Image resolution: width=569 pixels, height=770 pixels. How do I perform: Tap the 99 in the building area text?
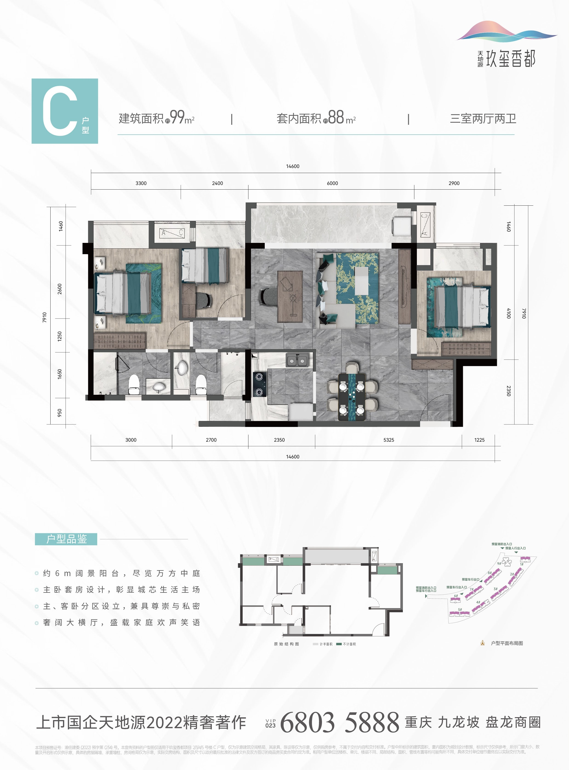click(x=177, y=117)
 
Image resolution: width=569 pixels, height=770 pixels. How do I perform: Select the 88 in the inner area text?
click(x=336, y=117)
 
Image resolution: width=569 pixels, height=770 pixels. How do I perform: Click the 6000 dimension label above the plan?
click(x=332, y=183)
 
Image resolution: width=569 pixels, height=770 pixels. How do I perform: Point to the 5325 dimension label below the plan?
click(x=389, y=440)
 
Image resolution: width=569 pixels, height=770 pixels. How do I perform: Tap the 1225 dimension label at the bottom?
click(x=479, y=440)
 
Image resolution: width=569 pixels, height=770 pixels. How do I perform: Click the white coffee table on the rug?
click(x=361, y=281)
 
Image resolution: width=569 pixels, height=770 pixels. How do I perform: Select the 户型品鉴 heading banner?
click(x=66, y=539)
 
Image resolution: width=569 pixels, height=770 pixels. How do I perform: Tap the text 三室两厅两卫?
click(x=483, y=119)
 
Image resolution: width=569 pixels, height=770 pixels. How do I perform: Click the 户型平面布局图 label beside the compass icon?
click(x=507, y=643)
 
